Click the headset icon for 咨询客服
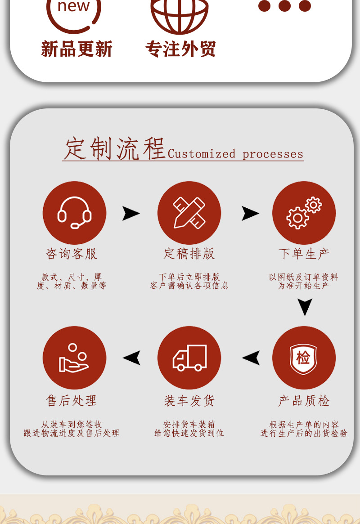point(74,213)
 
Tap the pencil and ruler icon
point(189,213)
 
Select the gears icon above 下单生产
point(304,213)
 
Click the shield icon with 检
point(304,358)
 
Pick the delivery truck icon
point(189,358)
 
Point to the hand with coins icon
point(74,358)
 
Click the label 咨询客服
point(72,254)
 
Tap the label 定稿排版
point(189,254)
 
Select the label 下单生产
point(304,254)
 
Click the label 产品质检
point(304,400)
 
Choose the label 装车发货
point(189,400)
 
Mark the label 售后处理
point(72,400)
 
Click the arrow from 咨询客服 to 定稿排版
point(131,213)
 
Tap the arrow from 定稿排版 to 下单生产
point(250,213)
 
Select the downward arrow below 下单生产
point(305,307)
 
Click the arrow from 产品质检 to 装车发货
point(251,358)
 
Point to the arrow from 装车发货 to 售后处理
point(131,358)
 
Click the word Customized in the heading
point(201,154)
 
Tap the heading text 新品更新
point(76,49)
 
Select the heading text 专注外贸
point(180,49)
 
